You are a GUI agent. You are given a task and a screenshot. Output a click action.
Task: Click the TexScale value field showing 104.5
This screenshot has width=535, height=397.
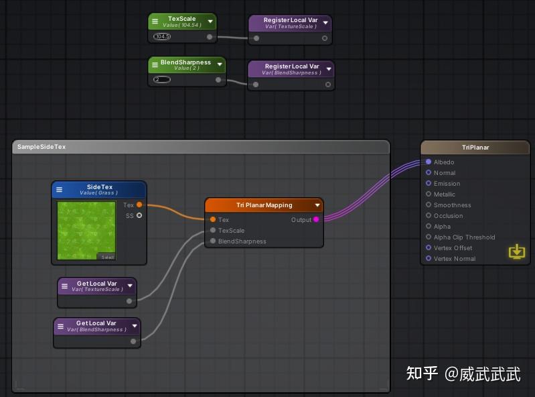[x=162, y=37]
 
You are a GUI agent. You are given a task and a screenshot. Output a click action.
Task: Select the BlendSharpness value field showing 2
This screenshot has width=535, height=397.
[x=161, y=80]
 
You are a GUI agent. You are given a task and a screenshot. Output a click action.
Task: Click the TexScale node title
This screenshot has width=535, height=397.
[x=181, y=19]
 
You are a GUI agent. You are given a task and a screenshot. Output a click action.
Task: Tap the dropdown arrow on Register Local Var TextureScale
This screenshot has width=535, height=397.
[x=325, y=23]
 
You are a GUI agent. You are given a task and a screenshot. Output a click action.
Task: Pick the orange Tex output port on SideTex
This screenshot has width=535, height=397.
[x=139, y=205]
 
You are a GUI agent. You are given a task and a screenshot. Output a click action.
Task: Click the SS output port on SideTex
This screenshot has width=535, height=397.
[x=139, y=216]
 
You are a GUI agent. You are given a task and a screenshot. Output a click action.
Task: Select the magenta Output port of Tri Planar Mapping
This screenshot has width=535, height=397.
[x=316, y=219]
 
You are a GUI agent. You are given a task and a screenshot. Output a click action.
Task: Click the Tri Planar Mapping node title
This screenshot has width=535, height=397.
[x=264, y=205]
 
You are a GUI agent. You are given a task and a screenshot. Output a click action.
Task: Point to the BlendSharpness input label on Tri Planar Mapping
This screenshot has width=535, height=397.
[x=242, y=241]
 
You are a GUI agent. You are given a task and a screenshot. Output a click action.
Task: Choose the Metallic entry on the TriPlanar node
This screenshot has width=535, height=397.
[x=444, y=194]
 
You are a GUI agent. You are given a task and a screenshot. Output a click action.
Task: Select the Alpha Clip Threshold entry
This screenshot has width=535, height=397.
[x=464, y=237]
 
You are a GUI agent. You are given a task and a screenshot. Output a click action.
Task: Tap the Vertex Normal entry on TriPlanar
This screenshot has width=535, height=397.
[x=454, y=259]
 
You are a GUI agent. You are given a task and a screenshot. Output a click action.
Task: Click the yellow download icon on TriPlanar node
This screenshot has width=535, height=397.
[x=516, y=251]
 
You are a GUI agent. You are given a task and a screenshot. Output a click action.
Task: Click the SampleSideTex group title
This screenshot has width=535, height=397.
[x=42, y=147]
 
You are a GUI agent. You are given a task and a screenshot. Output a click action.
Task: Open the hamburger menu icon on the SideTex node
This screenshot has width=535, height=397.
[x=60, y=190]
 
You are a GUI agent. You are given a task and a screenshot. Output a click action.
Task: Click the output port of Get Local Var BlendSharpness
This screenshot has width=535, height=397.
[x=133, y=341]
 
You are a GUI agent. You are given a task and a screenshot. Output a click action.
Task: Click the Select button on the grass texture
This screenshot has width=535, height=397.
[x=106, y=258]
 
